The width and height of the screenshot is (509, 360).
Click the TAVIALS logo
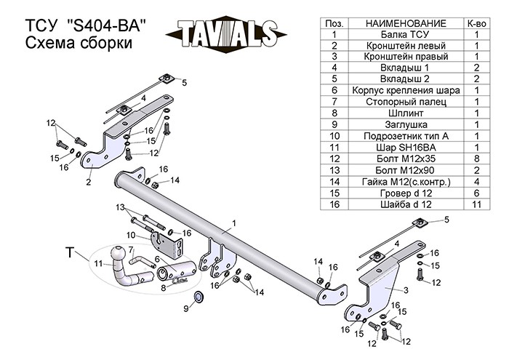223,33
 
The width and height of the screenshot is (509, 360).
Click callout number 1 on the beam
235,223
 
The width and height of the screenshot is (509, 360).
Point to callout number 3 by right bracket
406,290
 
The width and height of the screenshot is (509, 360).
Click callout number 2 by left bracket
88,183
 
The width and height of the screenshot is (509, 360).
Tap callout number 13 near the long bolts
119,207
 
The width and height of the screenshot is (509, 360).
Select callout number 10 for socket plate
130,235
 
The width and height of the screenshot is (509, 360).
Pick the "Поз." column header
334,23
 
